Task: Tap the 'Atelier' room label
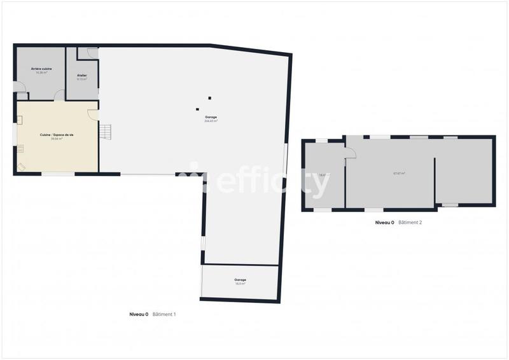[82, 76]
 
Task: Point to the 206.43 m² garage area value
[211, 121]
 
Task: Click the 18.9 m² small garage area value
[240, 284]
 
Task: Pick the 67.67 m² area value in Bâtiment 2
[399, 173]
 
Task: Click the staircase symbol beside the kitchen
[106, 131]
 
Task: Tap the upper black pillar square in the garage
[209, 98]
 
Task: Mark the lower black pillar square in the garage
[197, 109]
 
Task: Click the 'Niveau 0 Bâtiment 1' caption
[153, 314]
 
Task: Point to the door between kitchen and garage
[93, 114]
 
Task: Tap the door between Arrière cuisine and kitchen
[59, 95]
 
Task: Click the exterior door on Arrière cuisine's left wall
[19, 88]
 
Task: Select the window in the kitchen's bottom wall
[58, 174]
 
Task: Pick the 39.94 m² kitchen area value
[56, 139]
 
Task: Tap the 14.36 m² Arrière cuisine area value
[41, 73]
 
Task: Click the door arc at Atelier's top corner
[92, 53]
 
